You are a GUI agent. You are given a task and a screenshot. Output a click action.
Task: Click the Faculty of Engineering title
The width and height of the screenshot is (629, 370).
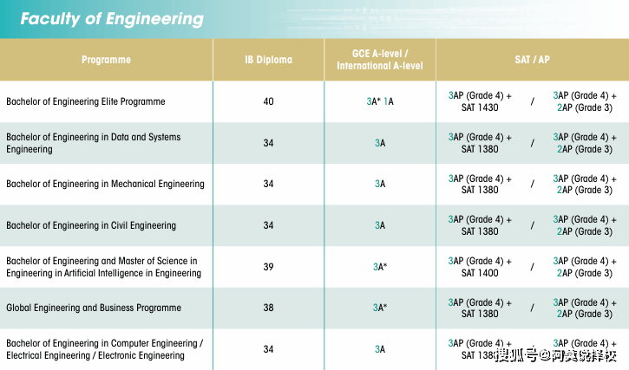tap(112, 19)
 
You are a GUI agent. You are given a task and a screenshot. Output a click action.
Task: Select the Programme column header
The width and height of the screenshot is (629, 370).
tap(106, 60)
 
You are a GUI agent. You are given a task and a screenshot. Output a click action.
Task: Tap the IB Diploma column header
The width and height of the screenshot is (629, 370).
tap(268, 60)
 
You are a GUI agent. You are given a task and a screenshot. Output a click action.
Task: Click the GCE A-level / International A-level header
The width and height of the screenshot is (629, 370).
tap(380, 60)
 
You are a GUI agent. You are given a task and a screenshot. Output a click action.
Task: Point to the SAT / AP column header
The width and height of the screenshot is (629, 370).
tap(532, 60)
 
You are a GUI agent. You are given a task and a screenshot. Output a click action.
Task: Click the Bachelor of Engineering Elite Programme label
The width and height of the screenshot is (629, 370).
tap(86, 101)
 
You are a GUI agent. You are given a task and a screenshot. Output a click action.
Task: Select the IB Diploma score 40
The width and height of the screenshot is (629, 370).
tap(268, 101)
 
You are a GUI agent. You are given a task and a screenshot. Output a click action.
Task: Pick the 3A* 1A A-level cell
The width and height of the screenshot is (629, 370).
tap(380, 101)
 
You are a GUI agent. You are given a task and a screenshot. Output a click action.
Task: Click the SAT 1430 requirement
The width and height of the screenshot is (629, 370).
tap(480, 107)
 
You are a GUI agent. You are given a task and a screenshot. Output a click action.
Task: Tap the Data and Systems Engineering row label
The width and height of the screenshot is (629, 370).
tap(94, 143)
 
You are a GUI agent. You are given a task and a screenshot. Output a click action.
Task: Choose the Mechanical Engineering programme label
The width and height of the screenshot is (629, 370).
tap(105, 184)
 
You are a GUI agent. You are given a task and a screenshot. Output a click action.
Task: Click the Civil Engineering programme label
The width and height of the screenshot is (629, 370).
tap(91, 225)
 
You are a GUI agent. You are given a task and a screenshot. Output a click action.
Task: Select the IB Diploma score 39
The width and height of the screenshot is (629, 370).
tap(268, 267)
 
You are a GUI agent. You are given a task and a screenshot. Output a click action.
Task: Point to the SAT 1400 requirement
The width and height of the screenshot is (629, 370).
tap(480, 273)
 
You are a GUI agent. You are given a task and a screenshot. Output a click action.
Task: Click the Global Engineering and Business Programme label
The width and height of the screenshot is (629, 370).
tap(94, 308)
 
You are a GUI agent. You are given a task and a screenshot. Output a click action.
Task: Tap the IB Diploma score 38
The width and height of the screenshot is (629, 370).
tap(268, 308)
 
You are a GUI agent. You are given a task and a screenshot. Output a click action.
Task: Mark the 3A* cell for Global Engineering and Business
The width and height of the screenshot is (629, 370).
tap(380, 308)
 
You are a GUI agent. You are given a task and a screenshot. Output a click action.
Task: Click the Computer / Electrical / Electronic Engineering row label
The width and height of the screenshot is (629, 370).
tap(104, 349)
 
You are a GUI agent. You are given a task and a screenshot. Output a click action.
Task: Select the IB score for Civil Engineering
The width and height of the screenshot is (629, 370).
tap(268, 225)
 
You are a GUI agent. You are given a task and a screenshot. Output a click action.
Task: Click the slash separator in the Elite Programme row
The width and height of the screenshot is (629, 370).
tap(532, 101)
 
